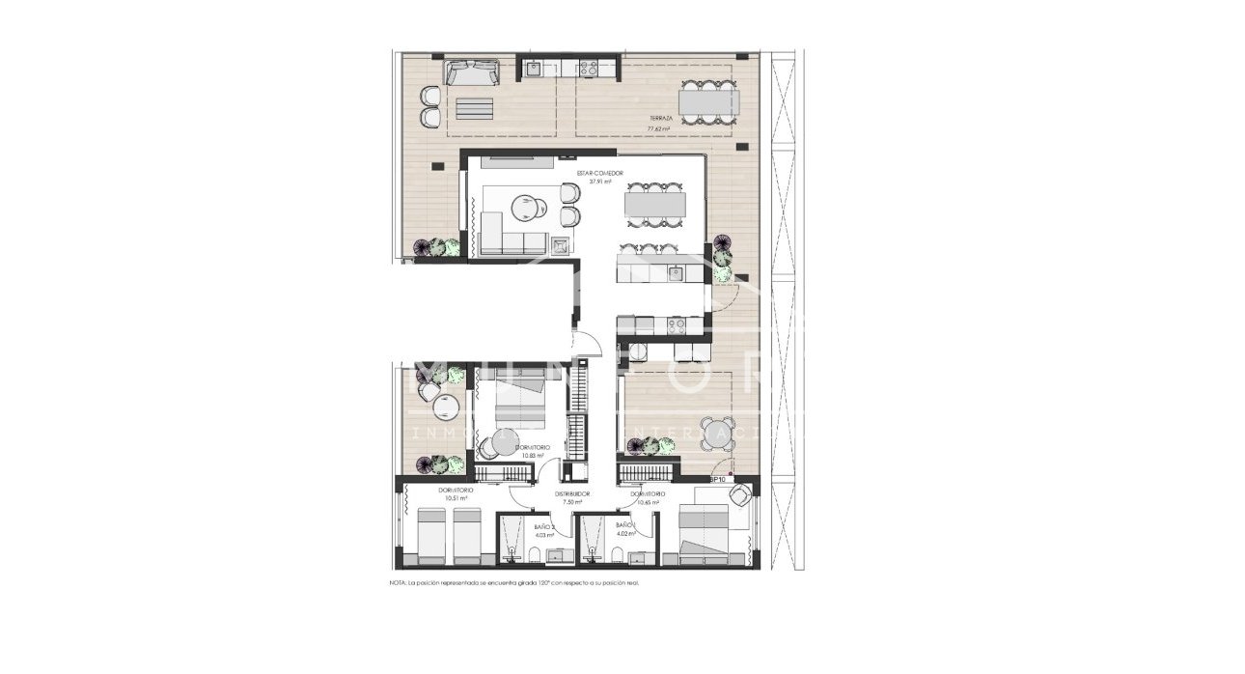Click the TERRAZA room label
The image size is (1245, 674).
pyautogui.click(x=661, y=118)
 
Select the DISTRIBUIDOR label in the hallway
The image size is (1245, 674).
pyautogui.click(x=572, y=493)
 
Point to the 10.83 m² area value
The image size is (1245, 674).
pyautogui.click(x=534, y=456)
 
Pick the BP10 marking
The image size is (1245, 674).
pyautogui.click(x=717, y=479)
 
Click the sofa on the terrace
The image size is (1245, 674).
pyautogui.click(x=471, y=71)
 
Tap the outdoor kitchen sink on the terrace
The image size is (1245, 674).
pyautogui.click(x=533, y=68)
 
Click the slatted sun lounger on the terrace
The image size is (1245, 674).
pyautogui.click(x=475, y=106)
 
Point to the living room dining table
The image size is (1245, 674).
pyautogui.click(x=656, y=205)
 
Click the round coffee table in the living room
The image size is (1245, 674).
pyautogui.click(x=524, y=207)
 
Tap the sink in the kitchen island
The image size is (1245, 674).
pyautogui.click(x=676, y=273)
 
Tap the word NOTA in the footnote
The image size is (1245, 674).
pyautogui.click(x=399, y=583)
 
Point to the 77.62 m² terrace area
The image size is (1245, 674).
pyautogui.click(x=660, y=127)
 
